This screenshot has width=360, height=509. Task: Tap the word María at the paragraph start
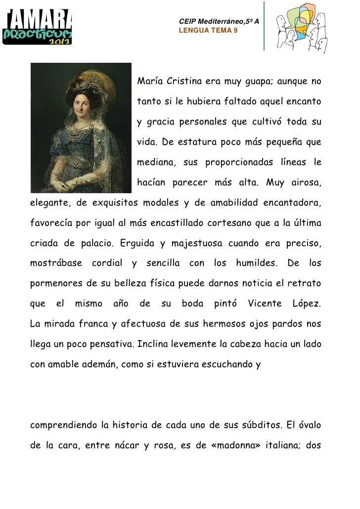(x=149, y=81)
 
